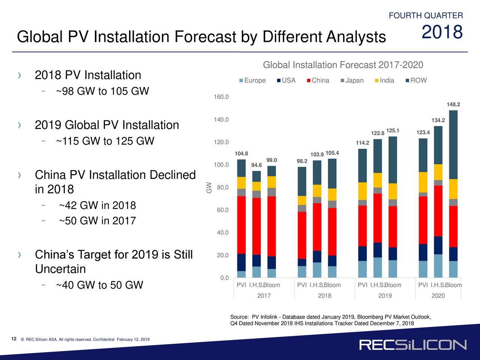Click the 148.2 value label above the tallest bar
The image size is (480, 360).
click(x=453, y=105)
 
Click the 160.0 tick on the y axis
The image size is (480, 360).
click(x=221, y=97)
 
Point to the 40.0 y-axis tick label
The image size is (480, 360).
click(x=223, y=233)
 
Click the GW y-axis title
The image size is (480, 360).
click(x=209, y=187)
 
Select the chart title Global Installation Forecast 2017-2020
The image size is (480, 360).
click(x=343, y=65)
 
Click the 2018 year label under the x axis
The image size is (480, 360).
click(x=324, y=296)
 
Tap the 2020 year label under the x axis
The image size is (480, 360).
click(x=438, y=296)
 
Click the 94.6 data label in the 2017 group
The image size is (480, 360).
click(x=256, y=165)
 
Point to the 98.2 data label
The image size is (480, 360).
click(x=302, y=161)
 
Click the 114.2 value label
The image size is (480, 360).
click(x=362, y=143)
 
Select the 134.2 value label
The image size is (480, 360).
click(x=438, y=120)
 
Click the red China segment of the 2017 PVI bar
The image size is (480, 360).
click(x=241, y=225)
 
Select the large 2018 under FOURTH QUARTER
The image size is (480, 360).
click(x=442, y=32)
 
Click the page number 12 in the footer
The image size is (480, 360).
click(x=14, y=339)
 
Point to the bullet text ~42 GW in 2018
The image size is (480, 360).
click(x=97, y=206)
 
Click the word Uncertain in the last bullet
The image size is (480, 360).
click(x=60, y=269)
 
